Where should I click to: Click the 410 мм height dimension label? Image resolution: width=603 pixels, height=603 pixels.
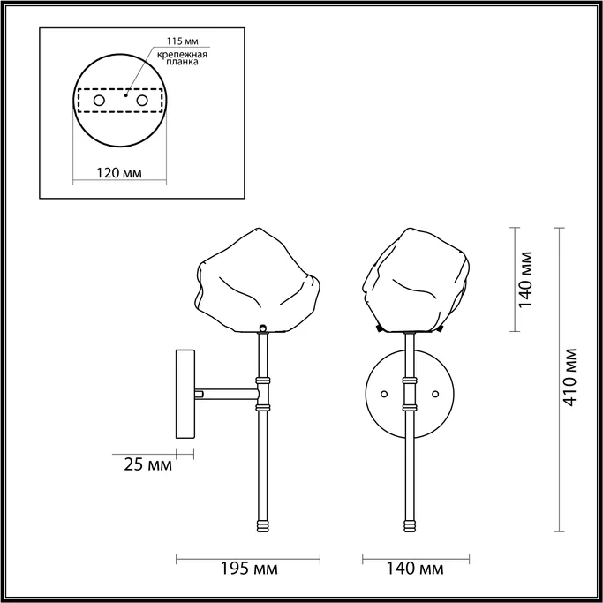571,379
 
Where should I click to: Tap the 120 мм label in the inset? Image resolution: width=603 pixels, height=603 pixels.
118,172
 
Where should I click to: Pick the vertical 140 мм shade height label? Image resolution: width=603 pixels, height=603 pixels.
526,279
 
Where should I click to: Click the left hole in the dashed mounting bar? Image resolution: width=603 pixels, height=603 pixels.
99,102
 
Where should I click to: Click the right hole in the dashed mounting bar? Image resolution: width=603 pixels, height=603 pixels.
140,102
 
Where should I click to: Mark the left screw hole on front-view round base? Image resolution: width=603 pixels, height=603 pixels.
383,393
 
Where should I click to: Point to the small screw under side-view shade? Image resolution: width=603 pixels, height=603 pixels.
262,328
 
